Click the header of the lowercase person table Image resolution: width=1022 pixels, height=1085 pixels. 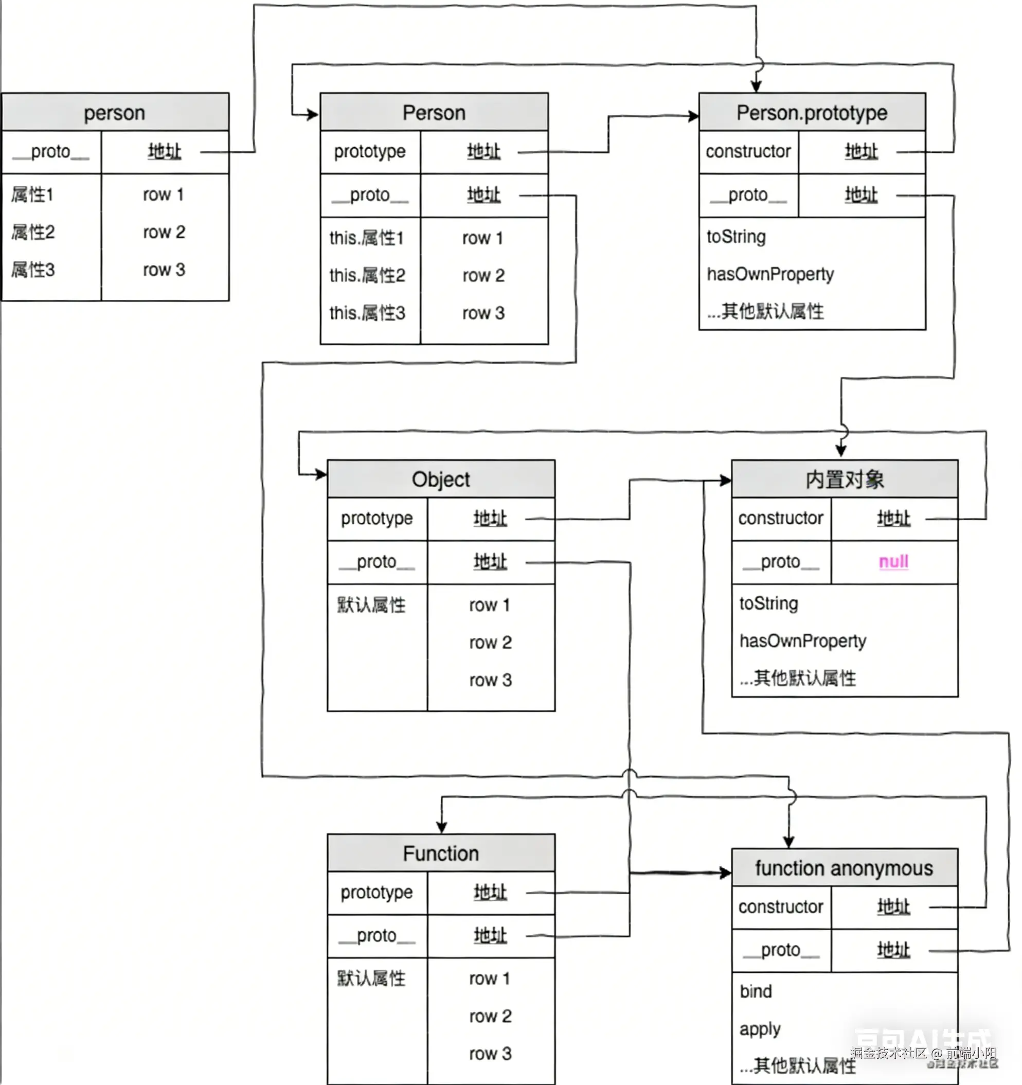coord(115,113)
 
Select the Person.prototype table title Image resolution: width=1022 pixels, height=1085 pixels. coord(812,113)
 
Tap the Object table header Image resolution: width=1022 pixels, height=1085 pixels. coord(440,479)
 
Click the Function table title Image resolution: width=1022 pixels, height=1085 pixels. coord(440,853)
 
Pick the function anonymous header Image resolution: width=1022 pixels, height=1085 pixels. coord(844,868)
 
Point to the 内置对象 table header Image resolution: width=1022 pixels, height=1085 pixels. coord(844,479)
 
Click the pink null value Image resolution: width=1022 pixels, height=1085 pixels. coord(893,562)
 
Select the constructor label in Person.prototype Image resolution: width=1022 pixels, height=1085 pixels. coord(748,151)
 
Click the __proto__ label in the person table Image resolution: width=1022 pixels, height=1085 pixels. coord(51,151)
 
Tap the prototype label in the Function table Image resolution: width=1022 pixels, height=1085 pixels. coord(376,893)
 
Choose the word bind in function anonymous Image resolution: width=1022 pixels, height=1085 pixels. coord(756,991)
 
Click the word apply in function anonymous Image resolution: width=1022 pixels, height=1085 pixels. coord(760,1029)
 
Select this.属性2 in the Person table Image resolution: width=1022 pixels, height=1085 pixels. coord(367,275)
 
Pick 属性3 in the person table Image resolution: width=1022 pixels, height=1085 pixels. coord(33,270)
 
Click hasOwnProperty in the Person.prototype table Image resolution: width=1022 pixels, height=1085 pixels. coord(770,274)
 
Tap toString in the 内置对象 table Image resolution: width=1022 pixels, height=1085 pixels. coord(768,603)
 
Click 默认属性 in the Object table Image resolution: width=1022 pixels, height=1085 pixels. coord(371,604)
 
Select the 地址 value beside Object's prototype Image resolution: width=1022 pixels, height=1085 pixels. coord(490,518)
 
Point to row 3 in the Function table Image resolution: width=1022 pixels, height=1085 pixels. coord(490,1053)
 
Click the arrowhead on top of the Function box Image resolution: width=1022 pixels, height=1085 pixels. coord(441,827)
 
